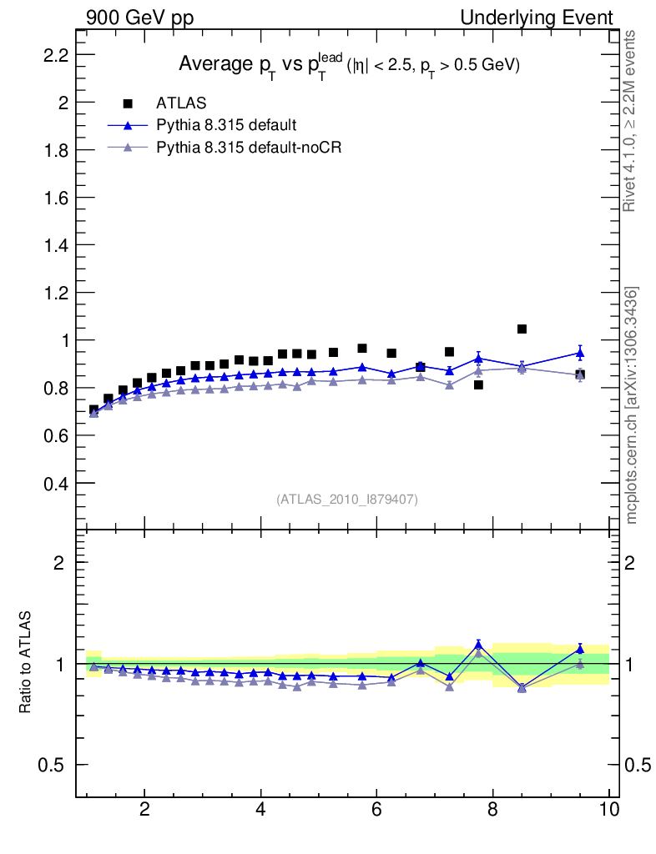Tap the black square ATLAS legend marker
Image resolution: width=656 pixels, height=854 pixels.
(128, 103)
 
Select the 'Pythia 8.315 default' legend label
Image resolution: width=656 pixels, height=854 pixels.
(226, 125)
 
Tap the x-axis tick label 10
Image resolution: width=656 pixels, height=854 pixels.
(608, 808)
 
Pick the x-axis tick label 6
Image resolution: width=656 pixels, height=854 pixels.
(376, 808)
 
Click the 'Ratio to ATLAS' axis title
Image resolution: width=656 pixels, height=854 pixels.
(26, 663)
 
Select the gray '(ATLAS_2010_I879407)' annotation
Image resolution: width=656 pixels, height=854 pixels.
(347, 500)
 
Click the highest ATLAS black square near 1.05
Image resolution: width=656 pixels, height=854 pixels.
(522, 329)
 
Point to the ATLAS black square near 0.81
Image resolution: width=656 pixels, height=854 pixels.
(478, 385)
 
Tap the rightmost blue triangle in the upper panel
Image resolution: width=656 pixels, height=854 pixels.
(580, 353)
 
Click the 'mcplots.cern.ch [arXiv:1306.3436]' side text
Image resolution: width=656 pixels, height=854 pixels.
(632, 405)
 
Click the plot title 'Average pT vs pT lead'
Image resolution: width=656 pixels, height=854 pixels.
(349, 66)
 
